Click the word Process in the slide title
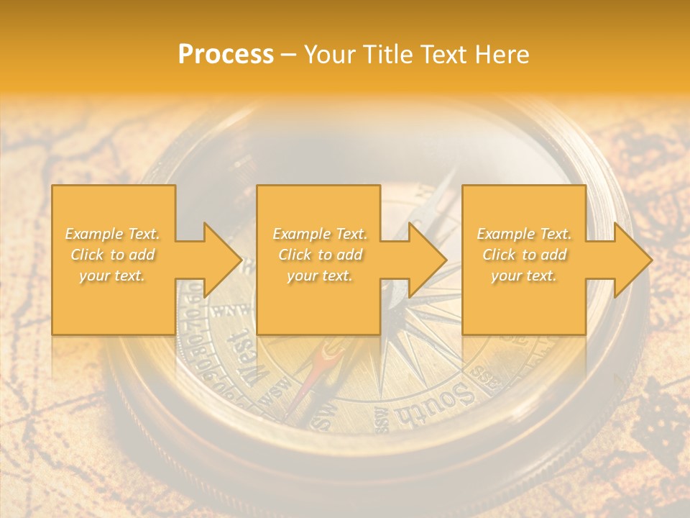coord(226,55)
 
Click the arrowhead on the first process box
coord(223,260)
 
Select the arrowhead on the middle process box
coord(428,260)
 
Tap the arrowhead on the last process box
coord(633,260)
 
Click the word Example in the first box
coord(93,234)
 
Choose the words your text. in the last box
coord(524,276)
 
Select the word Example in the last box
coord(504,234)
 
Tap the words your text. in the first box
coord(112,276)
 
